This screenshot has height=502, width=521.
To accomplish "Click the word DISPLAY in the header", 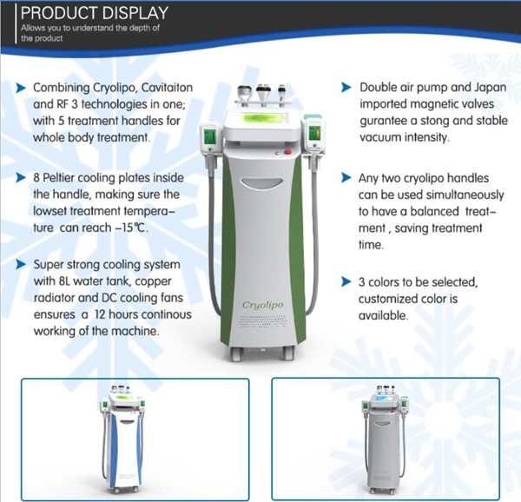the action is point(135,13).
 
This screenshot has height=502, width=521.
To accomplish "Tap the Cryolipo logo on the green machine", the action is point(262,305).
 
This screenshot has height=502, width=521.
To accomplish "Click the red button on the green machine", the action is point(287,152).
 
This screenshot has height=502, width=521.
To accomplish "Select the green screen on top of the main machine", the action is point(262,119).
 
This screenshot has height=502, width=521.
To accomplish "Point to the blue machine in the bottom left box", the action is point(122,439).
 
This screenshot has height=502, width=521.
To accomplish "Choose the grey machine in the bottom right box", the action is point(385,439).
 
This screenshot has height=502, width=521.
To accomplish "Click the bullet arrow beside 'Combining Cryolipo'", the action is point(21,88).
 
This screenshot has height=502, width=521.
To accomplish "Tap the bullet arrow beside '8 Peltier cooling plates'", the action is point(21,178).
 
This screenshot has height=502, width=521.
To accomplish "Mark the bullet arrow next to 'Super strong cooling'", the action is point(21,264).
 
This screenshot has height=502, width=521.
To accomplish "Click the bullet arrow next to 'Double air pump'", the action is point(346,88).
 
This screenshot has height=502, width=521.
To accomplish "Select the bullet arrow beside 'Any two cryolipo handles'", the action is point(346,178).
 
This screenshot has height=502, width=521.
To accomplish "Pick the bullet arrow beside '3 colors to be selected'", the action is point(346,281).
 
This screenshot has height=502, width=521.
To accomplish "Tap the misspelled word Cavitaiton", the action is point(167,88).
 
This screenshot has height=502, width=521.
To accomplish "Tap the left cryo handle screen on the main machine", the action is point(209,136).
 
